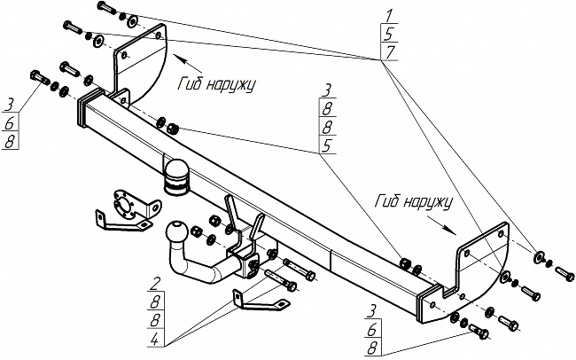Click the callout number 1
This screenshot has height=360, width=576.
[388, 16]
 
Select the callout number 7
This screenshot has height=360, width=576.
[389, 53]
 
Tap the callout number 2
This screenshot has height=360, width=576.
[156, 285]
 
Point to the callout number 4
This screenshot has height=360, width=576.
[155, 340]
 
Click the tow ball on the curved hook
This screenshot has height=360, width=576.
[176, 231]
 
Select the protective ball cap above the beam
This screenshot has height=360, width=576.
[176, 176]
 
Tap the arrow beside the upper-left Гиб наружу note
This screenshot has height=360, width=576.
[187, 63]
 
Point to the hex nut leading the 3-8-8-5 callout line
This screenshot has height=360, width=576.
[172, 129]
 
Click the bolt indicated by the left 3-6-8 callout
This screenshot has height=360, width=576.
[41, 78]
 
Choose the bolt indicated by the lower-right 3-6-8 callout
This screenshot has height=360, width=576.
[479, 332]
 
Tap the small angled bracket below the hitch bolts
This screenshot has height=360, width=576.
[259, 302]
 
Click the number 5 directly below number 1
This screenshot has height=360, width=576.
[389, 35]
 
